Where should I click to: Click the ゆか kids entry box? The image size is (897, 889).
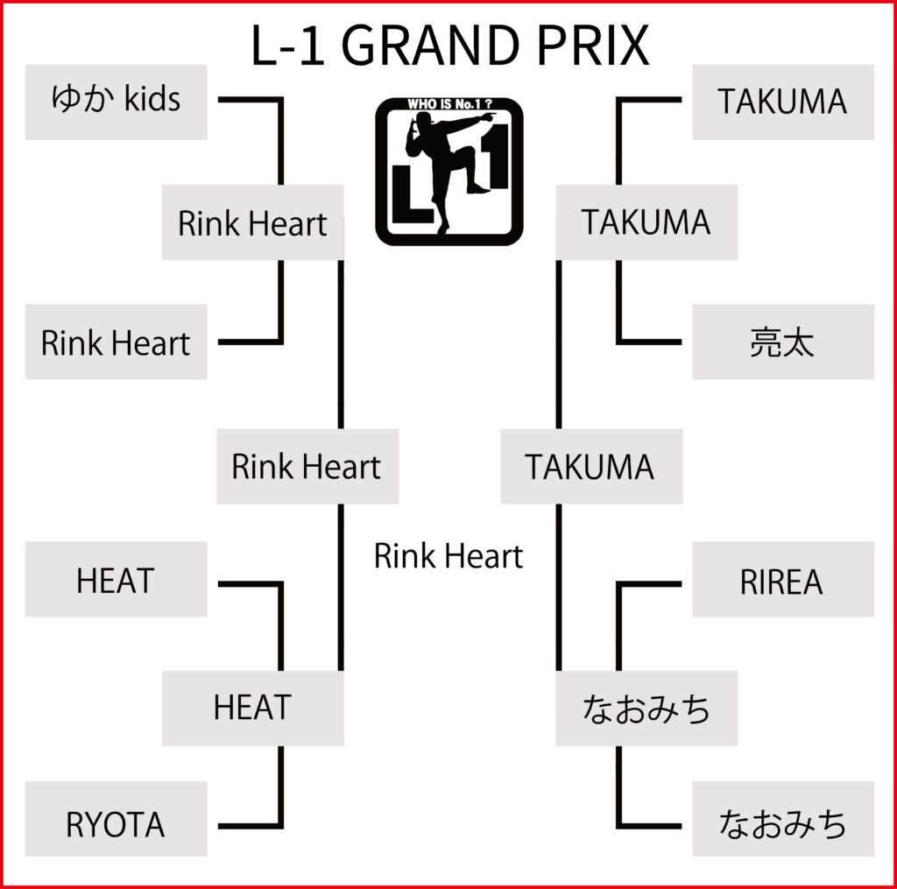(x=116, y=102)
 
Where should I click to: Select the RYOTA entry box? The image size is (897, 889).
(x=116, y=825)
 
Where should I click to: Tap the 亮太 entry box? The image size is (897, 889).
(x=782, y=342)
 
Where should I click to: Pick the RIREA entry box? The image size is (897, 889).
(x=782, y=582)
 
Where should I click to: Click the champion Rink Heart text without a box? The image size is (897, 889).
(x=448, y=556)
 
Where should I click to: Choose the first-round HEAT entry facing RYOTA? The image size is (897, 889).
(x=116, y=580)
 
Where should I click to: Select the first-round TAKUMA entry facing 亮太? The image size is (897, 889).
(x=782, y=102)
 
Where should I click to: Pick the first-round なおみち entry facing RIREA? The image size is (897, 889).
(x=782, y=825)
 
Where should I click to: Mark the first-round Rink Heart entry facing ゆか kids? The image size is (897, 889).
(x=116, y=342)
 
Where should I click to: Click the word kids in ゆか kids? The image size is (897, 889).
(x=152, y=100)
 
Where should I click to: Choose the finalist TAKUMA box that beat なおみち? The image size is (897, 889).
(x=590, y=466)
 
